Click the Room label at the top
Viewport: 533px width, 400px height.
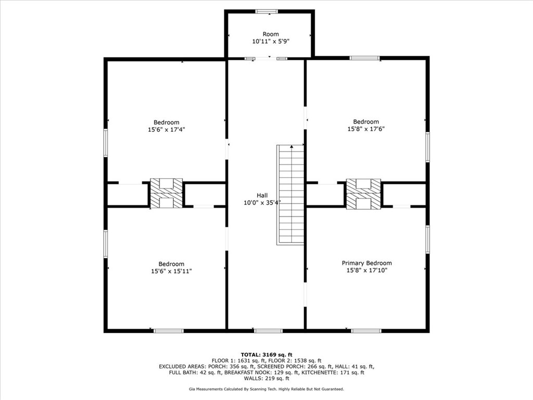click(x=271, y=34)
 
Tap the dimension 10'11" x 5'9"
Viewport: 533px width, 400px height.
click(x=271, y=42)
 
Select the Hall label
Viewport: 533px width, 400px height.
click(x=262, y=195)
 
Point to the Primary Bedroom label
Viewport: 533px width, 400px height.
click(x=367, y=263)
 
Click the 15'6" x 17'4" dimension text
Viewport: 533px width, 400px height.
click(x=166, y=130)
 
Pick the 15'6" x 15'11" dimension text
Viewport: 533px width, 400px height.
click(x=171, y=271)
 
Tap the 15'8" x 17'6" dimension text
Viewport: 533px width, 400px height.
click(x=366, y=129)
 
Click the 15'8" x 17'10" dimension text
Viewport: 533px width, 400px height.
click(x=367, y=270)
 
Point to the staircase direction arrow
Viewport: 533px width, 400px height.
click(x=291, y=146)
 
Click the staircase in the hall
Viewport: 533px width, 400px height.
click(x=290, y=195)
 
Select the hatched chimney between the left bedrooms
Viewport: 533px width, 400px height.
click(x=167, y=193)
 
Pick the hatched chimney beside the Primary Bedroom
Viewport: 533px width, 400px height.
click(x=363, y=194)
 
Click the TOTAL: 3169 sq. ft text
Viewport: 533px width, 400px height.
click(x=266, y=355)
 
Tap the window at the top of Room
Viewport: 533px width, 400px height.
click(x=267, y=11)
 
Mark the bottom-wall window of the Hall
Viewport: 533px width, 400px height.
click(x=268, y=331)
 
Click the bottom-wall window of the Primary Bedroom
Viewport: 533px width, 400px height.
click(x=366, y=331)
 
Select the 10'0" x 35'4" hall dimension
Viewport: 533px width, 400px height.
click(x=262, y=203)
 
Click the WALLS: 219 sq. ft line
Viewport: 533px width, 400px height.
click(x=266, y=378)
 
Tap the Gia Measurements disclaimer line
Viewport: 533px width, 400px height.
click(x=266, y=389)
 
